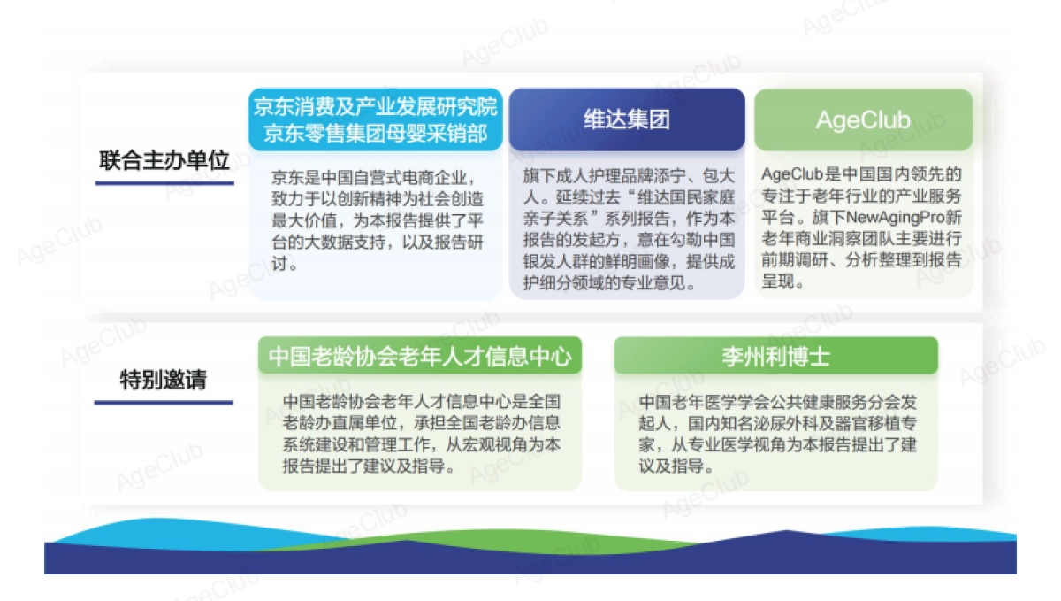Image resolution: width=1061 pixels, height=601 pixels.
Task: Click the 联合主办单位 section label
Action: (x=164, y=161)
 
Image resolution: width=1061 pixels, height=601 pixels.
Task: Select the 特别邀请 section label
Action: (x=164, y=381)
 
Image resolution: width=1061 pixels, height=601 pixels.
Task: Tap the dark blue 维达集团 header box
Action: (x=627, y=119)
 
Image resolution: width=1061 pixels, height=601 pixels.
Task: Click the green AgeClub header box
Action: (x=862, y=119)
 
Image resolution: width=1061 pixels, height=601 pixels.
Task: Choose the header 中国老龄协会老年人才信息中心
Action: (x=420, y=356)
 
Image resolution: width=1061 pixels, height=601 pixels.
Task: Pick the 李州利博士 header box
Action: (x=775, y=356)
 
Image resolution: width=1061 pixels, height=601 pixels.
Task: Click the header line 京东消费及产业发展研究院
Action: (x=376, y=108)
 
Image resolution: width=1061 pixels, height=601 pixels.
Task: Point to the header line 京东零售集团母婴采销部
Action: (x=376, y=135)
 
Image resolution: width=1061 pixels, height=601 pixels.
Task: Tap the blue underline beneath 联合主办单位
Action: (x=164, y=182)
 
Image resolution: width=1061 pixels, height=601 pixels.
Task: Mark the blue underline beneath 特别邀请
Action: (x=164, y=402)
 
